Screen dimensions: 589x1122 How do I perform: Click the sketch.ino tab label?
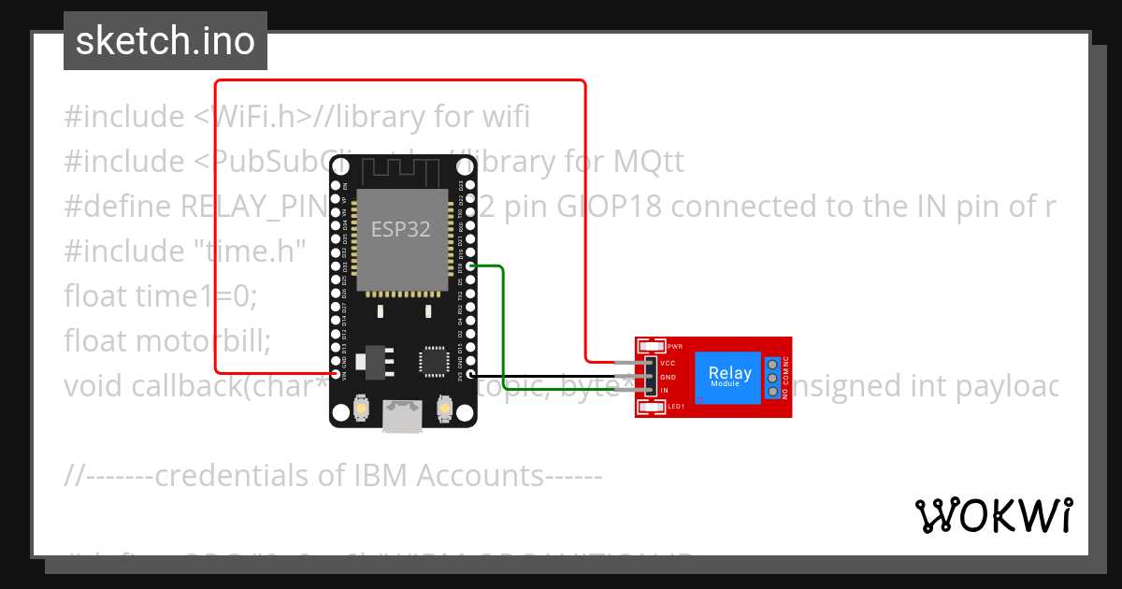tap(165, 41)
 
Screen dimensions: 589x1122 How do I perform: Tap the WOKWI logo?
tap(993, 515)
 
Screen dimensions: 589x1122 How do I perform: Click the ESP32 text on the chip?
tap(401, 229)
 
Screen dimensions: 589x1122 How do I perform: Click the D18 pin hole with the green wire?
tap(471, 266)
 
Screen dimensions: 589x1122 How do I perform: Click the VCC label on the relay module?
tap(668, 363)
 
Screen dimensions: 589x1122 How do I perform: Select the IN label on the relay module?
tap(665, 390)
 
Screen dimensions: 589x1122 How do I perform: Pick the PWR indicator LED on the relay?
tap(653, 346)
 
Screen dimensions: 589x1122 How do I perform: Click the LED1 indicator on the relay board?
tap(653, 406)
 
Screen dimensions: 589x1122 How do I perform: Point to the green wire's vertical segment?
tap(504, 327)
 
